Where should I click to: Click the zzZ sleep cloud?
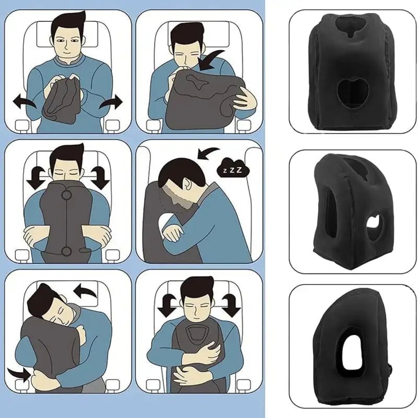(x=232, y=170)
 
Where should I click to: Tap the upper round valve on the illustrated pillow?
(x=66, y=194)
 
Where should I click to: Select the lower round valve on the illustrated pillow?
(x=66, y=250)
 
